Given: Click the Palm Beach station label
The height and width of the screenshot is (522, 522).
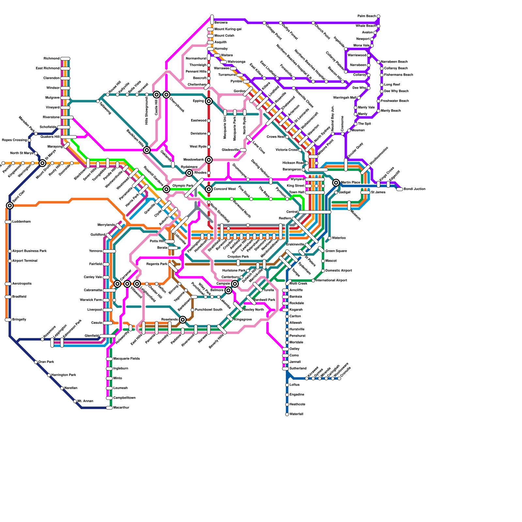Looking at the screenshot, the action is (x=367, y=16).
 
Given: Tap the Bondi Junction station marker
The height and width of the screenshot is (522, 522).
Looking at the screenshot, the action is (x=400, y=189).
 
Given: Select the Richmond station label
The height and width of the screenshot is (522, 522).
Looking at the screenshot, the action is (x=52, y=59).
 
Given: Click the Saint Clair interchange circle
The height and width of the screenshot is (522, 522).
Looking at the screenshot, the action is (x=10, y=205).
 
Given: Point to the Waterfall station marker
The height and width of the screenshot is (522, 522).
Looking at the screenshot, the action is (x=287, y=414).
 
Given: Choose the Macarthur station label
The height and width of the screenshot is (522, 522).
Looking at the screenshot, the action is (x=121, y=408).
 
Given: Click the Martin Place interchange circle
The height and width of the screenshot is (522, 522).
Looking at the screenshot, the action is (x=336, y=183).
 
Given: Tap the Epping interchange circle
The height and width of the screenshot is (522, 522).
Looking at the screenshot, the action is (x=209, y=101).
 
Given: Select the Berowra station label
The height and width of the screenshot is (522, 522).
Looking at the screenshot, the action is (x=221, y=23).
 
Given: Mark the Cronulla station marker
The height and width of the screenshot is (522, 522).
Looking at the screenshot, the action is (x=339, y=378).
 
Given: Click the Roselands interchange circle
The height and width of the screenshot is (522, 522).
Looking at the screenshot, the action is (x=183, y=320).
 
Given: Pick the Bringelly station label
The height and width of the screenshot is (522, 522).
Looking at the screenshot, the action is (x=19, y=320).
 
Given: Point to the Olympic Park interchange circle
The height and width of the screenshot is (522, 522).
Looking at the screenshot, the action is (x=166, y=189).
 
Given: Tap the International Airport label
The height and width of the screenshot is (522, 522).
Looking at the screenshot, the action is (x=331, y=281).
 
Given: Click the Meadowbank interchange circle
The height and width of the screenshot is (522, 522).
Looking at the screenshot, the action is (x=209, y=160).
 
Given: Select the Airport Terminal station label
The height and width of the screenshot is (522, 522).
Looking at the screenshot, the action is (x=25, y=261).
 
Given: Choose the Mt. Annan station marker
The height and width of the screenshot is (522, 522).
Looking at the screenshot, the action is (x=75, y=401).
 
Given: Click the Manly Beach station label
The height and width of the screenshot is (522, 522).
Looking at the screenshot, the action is (x=391, y=111).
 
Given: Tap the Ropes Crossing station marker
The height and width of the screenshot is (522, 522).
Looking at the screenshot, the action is (x=29, y=140).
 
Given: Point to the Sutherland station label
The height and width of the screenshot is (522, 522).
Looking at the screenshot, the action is (x=298, y=369).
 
